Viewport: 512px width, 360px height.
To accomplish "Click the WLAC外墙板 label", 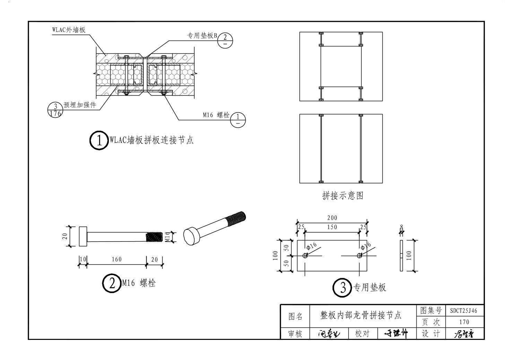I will [x=69, y=30].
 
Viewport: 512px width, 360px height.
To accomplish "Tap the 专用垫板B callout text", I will [x=202, y=36].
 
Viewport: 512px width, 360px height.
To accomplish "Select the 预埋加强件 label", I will [x=80, y=105].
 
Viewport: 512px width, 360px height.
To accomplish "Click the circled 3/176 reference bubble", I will [x=55, y=109].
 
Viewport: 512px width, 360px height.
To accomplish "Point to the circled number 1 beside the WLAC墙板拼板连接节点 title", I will [x=99, y=140].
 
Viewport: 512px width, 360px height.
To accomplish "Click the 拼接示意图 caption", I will [x=342, y=196].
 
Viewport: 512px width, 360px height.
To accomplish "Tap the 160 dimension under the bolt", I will [x=116, y=260].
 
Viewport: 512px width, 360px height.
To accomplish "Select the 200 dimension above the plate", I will [x=332, y=218].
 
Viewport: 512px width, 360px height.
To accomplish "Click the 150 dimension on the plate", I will [x=332, y=227].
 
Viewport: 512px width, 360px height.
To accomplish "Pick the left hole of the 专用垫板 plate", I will [x=305, y=256].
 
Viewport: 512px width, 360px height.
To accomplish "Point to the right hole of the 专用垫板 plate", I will [x=359, y=256].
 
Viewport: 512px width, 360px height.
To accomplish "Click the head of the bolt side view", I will [x=83, y=237].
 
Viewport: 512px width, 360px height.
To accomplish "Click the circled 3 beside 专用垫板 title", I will [x=342, y=288].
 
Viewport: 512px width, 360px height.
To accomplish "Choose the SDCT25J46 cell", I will [x=463, y=310].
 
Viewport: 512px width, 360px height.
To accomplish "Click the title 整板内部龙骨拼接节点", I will [x=361, y=315].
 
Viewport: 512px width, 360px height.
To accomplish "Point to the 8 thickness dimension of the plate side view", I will [x=401, y=227].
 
